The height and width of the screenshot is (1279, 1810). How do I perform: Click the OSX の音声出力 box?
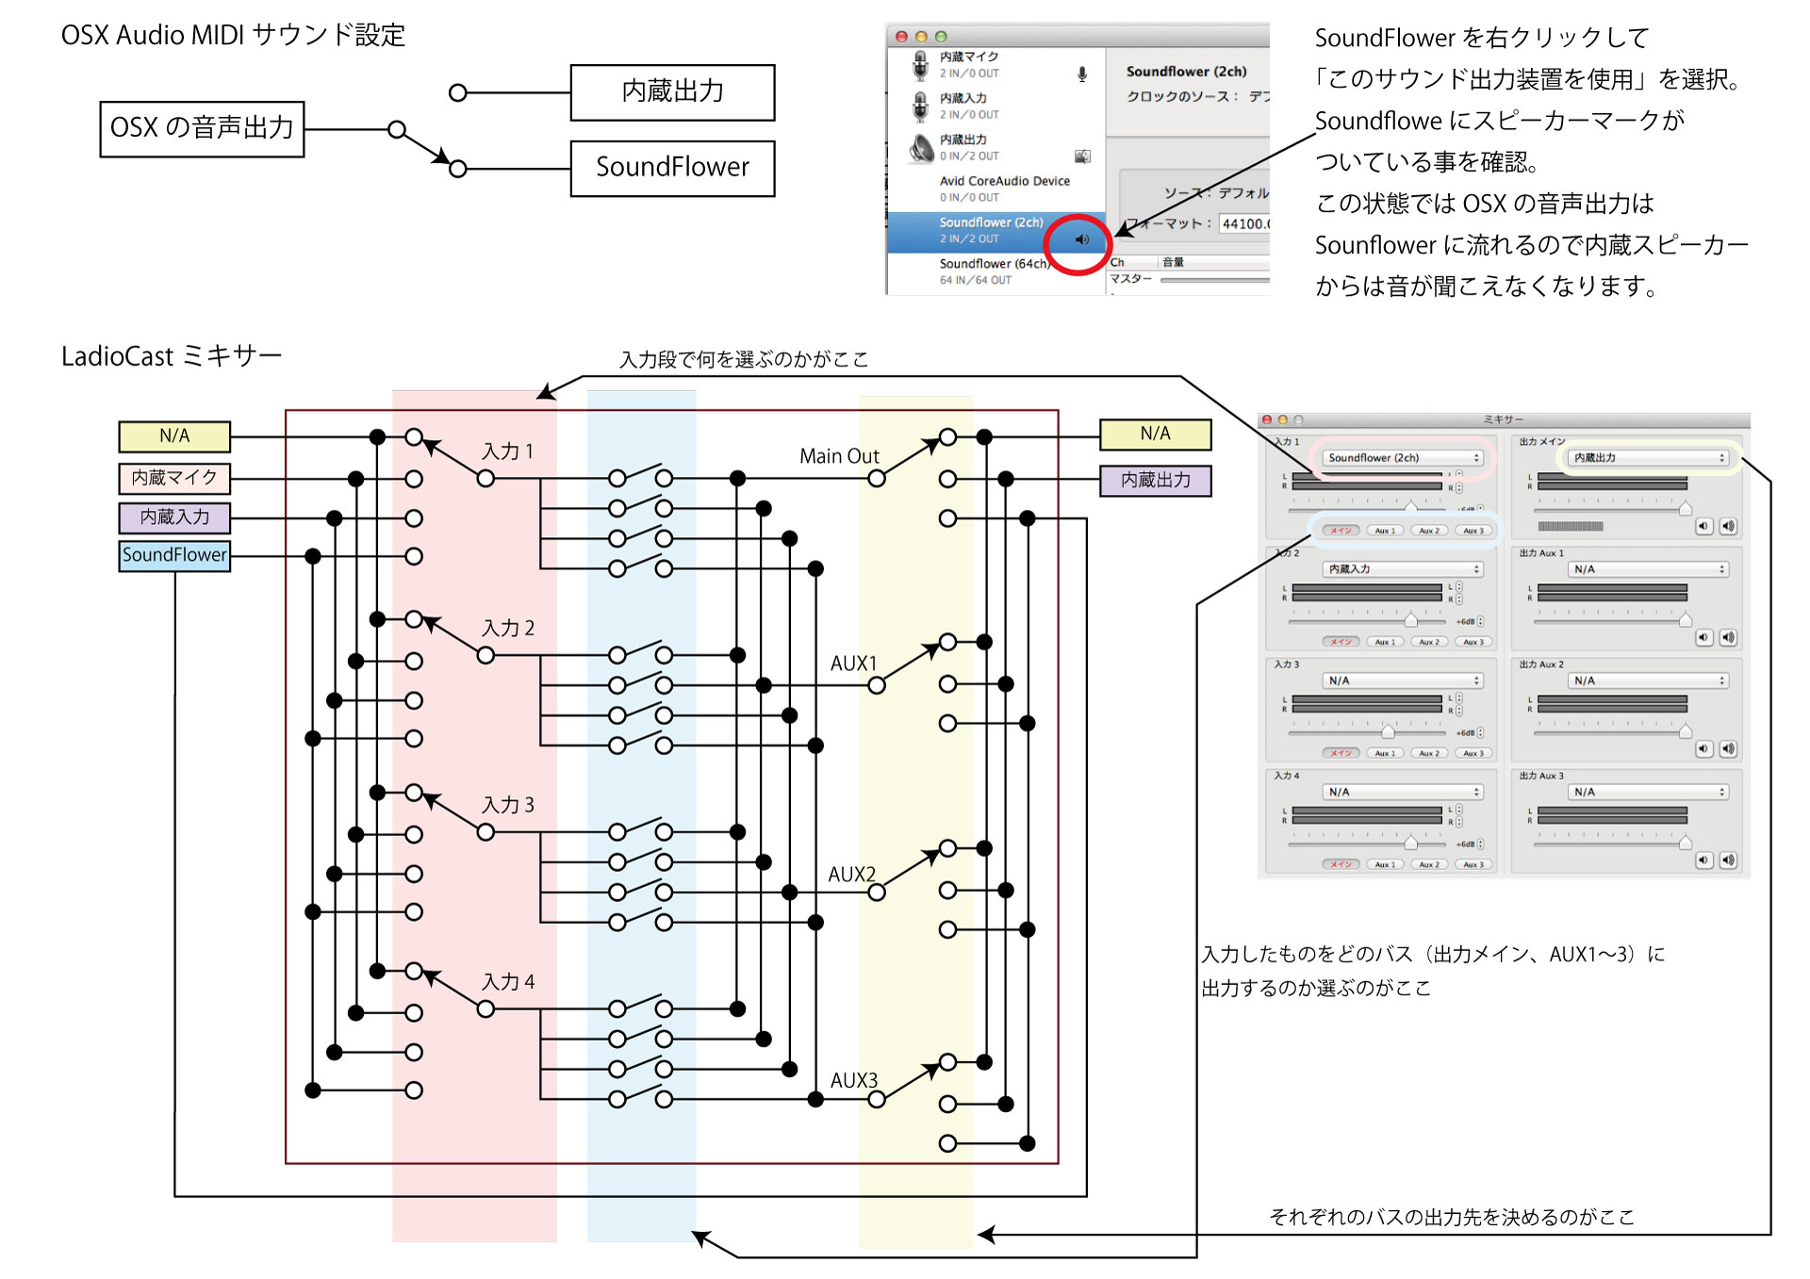click(x=202, y=129)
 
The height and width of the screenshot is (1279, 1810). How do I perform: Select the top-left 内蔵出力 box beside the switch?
click(x=672, y=92)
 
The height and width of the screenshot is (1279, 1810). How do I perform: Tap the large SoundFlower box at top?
click(x=672, y=169)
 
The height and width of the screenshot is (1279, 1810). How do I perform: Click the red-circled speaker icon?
click(x=1081, y=240)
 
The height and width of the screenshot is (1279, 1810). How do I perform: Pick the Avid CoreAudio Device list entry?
click(x=1004, y=181)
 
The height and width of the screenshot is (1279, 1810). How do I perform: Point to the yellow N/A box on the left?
click(x=174, y=436)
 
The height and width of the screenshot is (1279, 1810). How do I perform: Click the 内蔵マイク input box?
click(x=174, y=478)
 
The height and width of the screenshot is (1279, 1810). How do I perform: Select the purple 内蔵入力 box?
click(x=174, y=517)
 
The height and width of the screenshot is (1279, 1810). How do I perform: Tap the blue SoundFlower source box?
click(x=174, y=555)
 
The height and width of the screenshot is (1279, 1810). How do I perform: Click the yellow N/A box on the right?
click(x=1155, y=435)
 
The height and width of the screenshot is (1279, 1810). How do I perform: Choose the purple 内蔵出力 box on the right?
click(x=1155, y=481)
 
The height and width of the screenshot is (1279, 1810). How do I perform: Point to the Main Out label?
click(x=839, y=456)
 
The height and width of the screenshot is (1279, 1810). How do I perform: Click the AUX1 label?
click(x=853, y=664)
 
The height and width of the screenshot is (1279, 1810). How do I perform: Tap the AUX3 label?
click(x=853, y=1080)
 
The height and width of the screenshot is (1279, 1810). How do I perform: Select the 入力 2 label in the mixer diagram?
click(x=508, y=629)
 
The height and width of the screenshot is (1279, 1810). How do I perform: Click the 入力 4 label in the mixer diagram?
click(x=508, y=982)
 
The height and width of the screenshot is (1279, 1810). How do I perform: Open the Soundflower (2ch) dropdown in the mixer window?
click(x=1402, y=458)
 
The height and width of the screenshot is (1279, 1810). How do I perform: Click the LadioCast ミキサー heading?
click(x=172, y=356)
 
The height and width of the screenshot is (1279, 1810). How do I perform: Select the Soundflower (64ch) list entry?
click(x=994, y=264)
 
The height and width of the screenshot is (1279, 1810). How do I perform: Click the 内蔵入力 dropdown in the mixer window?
click(x=1402, y=569)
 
